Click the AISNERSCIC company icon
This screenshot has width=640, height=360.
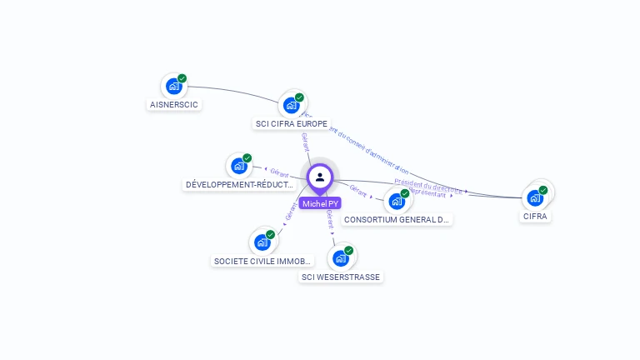tap(173, 86)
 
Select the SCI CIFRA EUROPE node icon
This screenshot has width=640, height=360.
tap(291, 105)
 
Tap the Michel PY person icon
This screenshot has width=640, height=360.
tap(320, 177)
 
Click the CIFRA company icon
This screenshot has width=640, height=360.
tap(535, 198)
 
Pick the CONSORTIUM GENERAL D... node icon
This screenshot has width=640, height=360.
tap(397, 201)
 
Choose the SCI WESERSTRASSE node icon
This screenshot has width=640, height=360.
tap(340, 257)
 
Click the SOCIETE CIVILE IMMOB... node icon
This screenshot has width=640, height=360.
tap(262, 242)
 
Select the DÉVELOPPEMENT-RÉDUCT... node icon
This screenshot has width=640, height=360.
tap(239, 166)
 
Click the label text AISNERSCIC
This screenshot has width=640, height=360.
tap(174, 105)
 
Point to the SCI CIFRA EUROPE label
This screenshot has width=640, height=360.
tap(291, 123)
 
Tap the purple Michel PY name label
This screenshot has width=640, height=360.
tap(321, 203)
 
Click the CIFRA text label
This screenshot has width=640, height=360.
tap(536, 217)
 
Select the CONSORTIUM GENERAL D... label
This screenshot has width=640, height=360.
tap(397, 220)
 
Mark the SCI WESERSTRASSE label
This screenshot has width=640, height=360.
tap(341, 277)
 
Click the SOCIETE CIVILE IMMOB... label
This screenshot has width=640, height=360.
tap(263, 261)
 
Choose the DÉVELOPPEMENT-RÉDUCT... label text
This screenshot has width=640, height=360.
tap(240, 184)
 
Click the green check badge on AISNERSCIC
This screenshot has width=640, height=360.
tap(182, 78)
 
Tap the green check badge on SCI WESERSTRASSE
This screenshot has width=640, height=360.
tap(348, 250)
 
